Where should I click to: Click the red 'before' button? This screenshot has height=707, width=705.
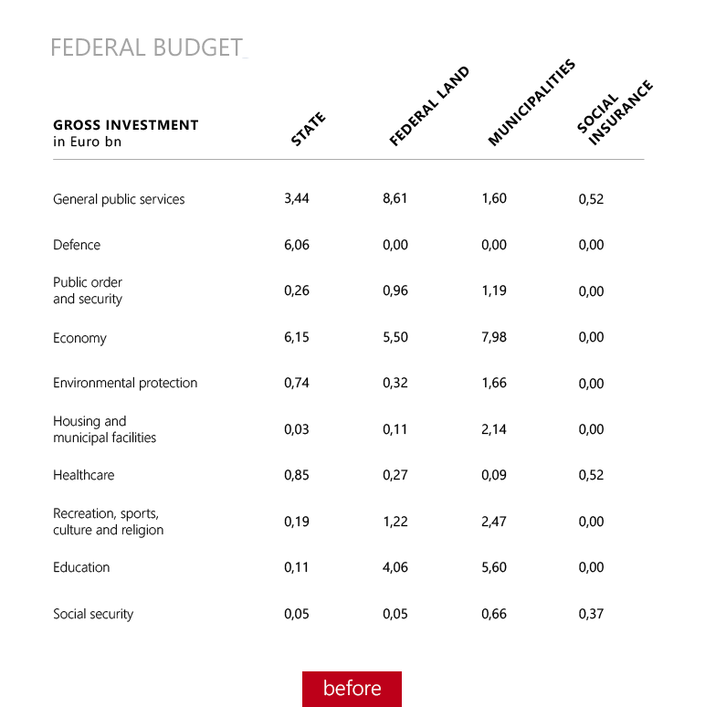coord(352,689)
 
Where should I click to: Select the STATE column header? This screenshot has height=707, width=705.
coord(308,129)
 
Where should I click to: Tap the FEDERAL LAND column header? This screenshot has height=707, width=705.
coord(428,107)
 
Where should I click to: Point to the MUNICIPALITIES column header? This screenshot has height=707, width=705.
coord(531,103)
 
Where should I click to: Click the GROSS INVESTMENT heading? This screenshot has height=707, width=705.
coord(125,125)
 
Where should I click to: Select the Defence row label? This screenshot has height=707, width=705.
coord(77,245)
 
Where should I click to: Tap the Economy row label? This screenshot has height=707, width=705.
coord(79,338)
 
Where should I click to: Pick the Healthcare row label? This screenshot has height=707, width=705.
coord(84,475)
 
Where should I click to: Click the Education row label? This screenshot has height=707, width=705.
coord(81,567)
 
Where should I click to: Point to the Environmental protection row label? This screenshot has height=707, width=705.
coord(125,383)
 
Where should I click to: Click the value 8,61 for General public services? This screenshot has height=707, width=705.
coord(395,198)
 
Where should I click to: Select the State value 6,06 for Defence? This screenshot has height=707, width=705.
coord(297,245)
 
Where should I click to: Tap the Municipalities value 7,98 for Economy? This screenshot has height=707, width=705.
coord(494,337)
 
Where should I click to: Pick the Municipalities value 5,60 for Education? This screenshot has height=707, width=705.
coord(494,567)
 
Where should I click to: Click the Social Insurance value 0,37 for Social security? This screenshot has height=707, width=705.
coord(591,614)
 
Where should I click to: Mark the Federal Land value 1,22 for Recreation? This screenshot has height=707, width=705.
coord(395,522)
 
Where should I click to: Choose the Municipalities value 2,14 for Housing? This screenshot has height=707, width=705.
coord(494,429)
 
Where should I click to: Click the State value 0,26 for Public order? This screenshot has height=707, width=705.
coord(297,291)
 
